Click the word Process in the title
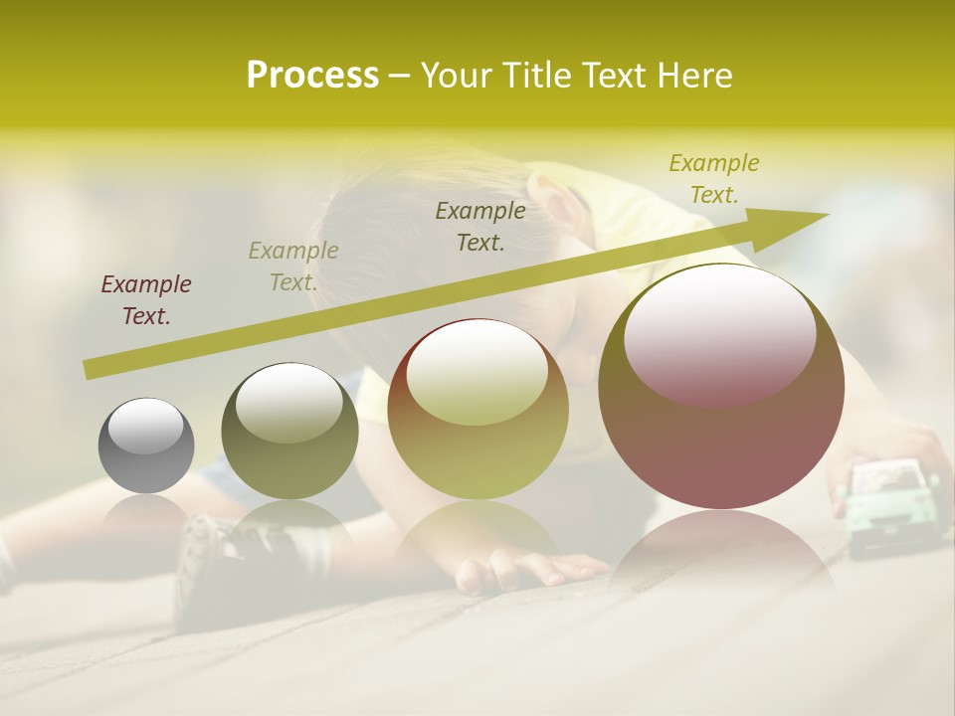[x=312, y=76]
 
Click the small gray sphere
[x=146, y=446]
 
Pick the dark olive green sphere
[x=289, y=433]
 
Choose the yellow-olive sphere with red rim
[x=477, y=409]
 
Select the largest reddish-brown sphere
[x=721, y=388]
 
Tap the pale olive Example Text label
[x=293, y=267]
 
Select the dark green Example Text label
[x=480, y=226]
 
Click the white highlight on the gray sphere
[x=145, y=427]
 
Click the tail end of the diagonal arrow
[x=90, y=370]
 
